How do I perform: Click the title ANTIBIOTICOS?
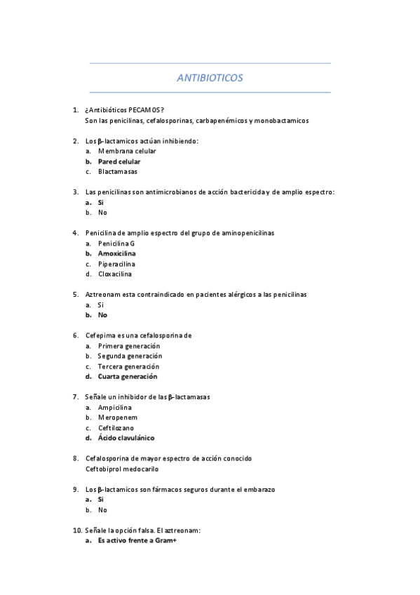click(x=210, y=78)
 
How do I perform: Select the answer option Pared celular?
click(x=119, y=161)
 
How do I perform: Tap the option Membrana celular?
click(x=127, y=151)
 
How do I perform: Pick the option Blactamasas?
click(x=118, y=171)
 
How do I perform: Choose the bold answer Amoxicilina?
click(x=117, y=253)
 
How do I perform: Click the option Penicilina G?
click(x=116, y=243)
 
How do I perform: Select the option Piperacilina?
click(x=115, y=264)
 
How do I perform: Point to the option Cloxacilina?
click(x=115, y=274)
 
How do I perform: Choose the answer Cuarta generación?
click(x=128, y=377)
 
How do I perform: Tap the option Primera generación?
click(x=129, y=346)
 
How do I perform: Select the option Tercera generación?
click(x=128, y=366)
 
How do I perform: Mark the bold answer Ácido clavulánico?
click(x=126, y=439)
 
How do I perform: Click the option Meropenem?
click(x=117, y=417)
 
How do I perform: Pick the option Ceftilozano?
click(x=116, y=428)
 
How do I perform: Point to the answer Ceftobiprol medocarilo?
click(x=122, y=469)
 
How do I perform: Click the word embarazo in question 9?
click(x=257, y=489)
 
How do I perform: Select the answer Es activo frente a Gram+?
click(x=137, y=541)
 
